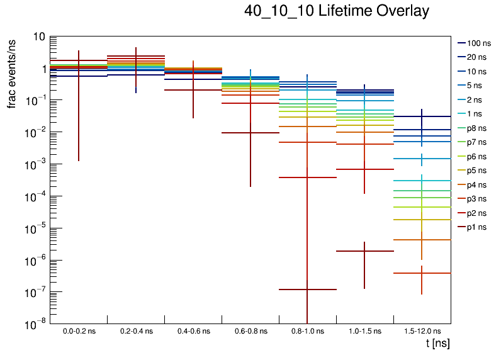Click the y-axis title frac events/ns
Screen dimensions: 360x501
click(12, 73)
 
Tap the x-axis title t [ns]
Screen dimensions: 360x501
click(437, 344)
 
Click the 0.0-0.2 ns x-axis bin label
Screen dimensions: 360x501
click(79, 331)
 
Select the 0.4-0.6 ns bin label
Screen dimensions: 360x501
click(193, 331)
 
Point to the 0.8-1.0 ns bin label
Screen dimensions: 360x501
click(307, 331)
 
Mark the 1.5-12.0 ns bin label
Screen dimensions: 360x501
click(422, 331)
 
